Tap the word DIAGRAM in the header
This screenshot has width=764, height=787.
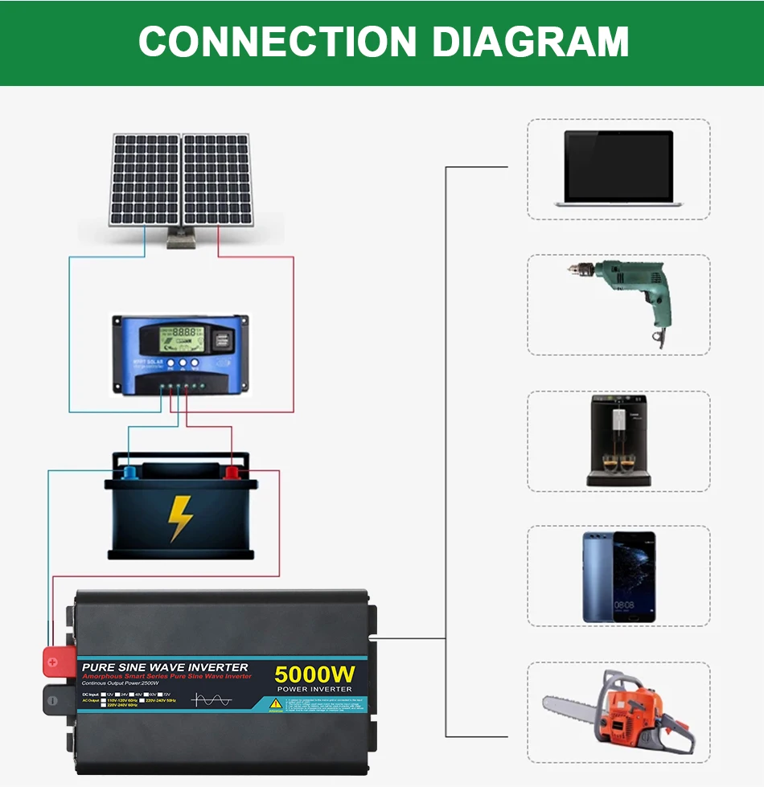coord(530,42)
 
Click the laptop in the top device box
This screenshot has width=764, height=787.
coord(618,168)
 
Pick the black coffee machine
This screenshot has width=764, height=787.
coord(618,440)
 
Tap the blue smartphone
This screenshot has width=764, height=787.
coord(618,576)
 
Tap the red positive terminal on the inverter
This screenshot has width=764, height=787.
coord(55,662)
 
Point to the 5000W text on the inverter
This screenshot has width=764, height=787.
coord(314,674)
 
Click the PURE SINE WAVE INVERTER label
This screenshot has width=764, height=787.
coord(165,667)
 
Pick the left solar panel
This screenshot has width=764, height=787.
coord(146,179)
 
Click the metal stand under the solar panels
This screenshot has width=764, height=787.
coord(180,239)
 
